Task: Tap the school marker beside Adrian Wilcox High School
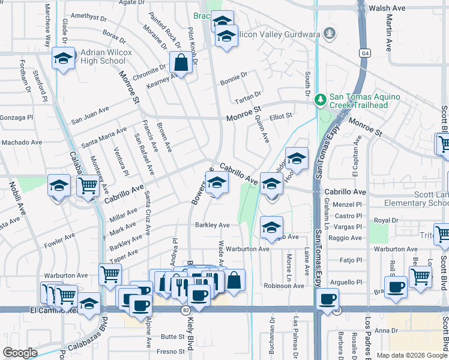coord(63,59)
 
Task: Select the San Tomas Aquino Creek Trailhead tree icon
coord(321,98)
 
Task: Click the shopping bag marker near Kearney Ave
coord(181,62)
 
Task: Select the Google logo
coord(20,353)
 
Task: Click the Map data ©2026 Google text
coord(411,355)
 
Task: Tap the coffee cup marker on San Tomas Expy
coord(327,299)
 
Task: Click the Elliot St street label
coord(280,116)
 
